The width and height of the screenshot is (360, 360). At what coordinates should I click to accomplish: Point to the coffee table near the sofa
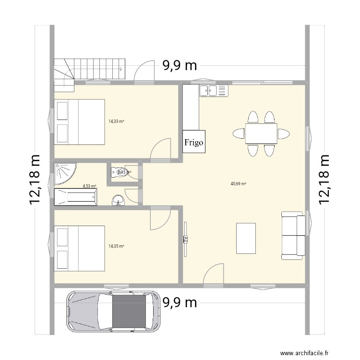246,238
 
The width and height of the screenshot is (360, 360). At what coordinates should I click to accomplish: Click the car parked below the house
113,312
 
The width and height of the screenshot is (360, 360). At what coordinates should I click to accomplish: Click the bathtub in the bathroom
76,197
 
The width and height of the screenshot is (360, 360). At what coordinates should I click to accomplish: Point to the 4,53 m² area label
89,186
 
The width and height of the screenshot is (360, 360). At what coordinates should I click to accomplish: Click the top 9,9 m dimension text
180,66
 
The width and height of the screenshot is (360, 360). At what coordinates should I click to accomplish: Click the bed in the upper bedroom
80,122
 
